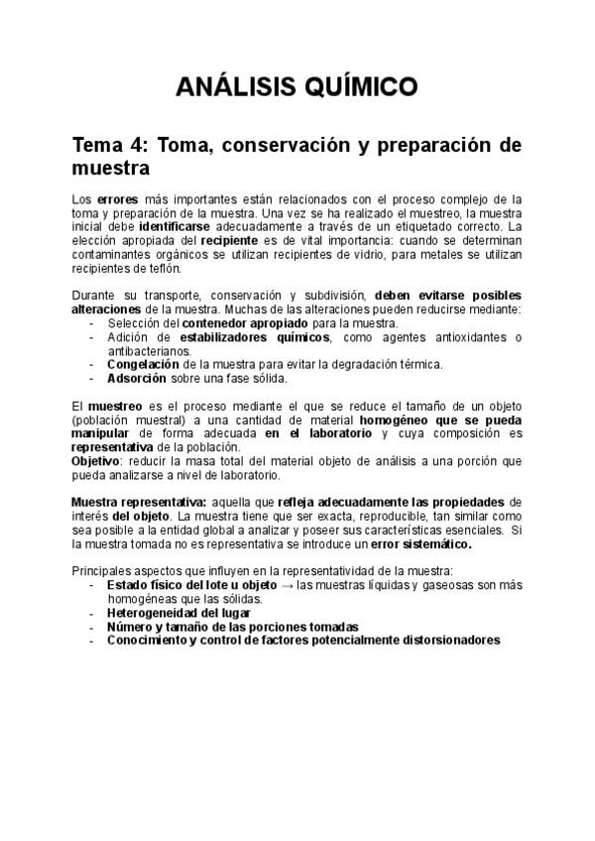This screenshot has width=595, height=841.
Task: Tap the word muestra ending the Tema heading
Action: (113, 168)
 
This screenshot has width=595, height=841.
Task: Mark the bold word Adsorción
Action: (139, 378)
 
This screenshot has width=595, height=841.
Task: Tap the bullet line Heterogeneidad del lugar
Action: (178, 613)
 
